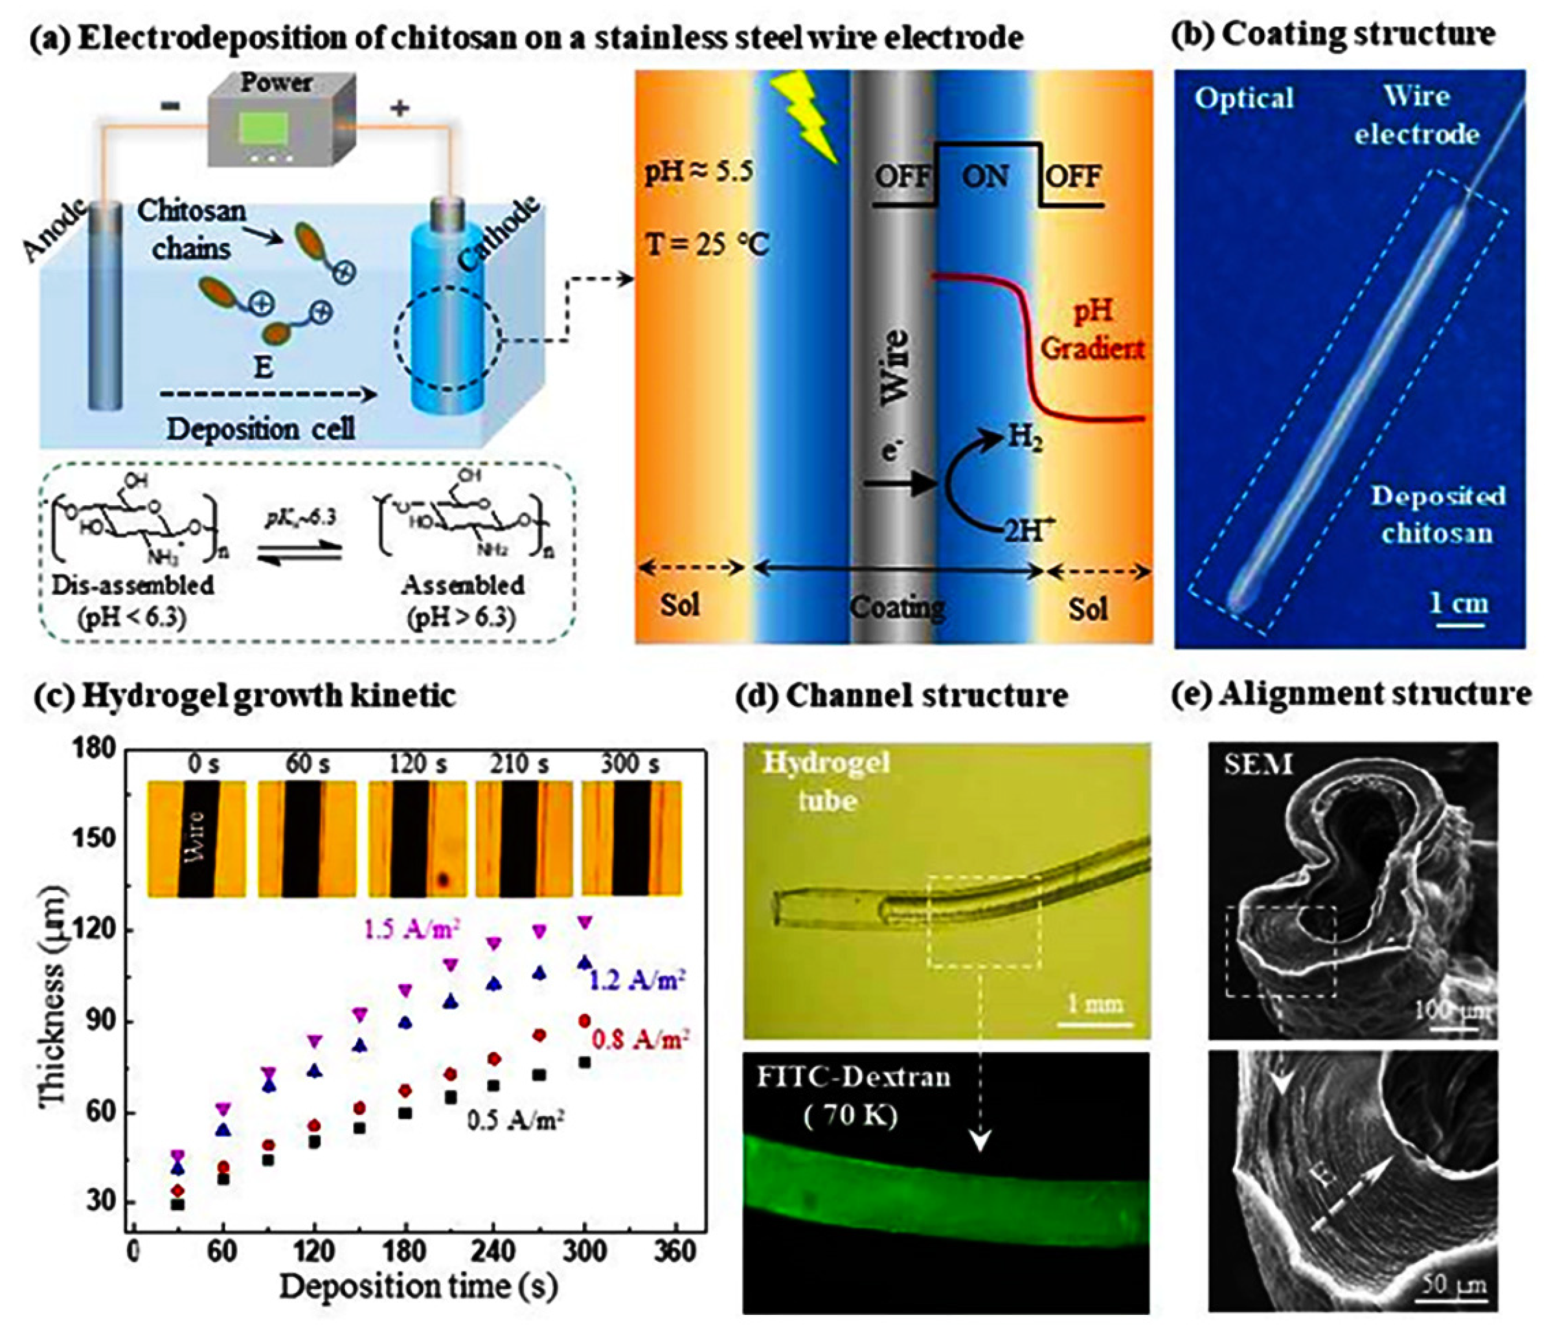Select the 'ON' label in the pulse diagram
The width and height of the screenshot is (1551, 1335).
point(986,177)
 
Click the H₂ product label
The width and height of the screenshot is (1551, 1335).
point(1024,436)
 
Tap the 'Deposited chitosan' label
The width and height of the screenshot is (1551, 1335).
point(1437,515)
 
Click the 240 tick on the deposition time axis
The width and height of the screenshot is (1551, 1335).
point(494,1250)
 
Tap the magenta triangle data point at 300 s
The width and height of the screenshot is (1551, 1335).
point(585,922)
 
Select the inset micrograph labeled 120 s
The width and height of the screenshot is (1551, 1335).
point(417,839)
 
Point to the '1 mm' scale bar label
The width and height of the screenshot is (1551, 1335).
point(1095,1003)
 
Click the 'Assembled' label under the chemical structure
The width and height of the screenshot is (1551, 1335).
point(462,585)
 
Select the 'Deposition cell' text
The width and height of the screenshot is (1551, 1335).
point(260,429)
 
